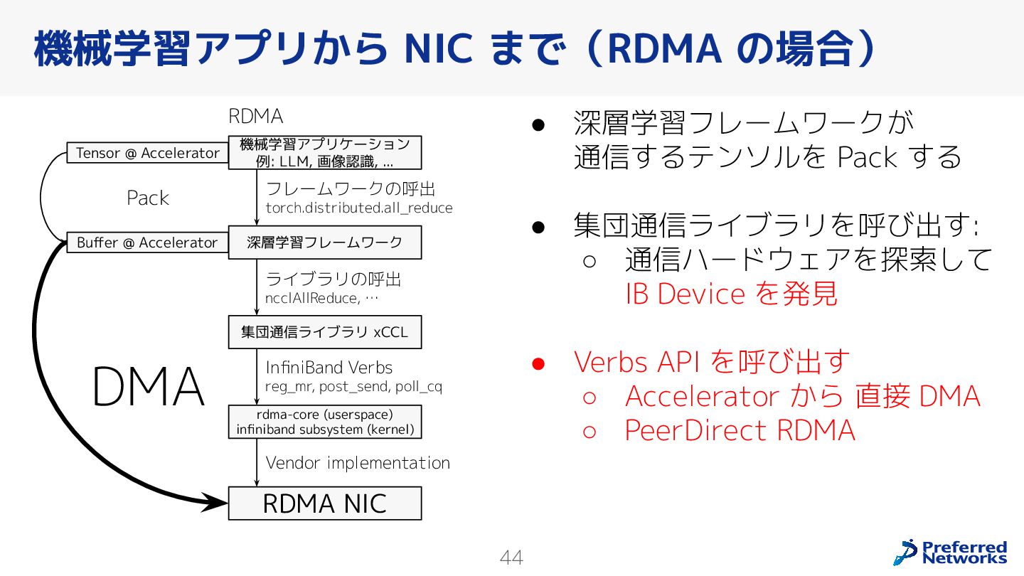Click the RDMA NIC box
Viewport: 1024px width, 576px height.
pyautogui.click(x=324, y=503)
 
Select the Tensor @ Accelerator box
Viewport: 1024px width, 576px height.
pyautogui.click(x=148, y=153)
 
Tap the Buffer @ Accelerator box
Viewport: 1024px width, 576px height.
pyautogui.click(x=147, y=242)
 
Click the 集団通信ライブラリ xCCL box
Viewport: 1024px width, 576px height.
pyautogui.click(x=324, y=332)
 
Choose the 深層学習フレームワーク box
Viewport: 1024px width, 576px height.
pyautogui.click(x=324, y=242)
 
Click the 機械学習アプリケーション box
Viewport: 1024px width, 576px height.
pyautogui.click(x=324, y=152)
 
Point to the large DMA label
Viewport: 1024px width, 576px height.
pyautogui.click(x=148, y=388)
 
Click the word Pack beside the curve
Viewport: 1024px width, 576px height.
pyautogui.click(x=148, y=198)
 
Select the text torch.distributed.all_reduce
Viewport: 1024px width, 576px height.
pyautogui.click(x=358, y=208)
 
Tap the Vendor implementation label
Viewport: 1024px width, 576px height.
pyautogui.click(x=358, y=463)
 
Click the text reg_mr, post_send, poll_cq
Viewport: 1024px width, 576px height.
pyautogui.click(x=353, y=387)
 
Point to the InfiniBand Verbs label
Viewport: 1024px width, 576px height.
pyautogui.click(x=329, y=368)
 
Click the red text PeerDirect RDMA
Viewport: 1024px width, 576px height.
pyautogui.click(x=740, y=430)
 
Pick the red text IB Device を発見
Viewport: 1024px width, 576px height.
pyautogui.click(x=732, y=294)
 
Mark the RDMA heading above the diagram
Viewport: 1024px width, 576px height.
pyautogui.click(x=255, y=116)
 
